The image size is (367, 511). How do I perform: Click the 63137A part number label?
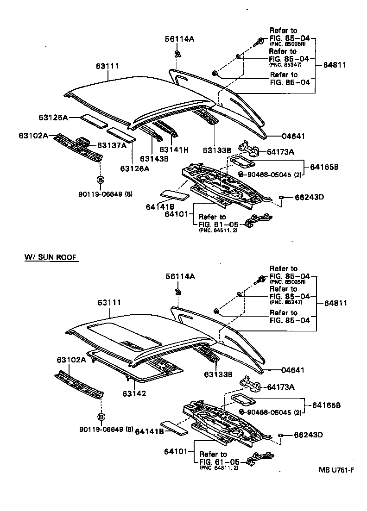[111, 145]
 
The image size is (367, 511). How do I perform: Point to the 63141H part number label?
[174, 150]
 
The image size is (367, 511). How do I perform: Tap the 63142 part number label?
[134, 393]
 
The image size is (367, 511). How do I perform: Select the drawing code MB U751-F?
[336, 470]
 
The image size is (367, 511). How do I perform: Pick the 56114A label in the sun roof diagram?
[180, 276]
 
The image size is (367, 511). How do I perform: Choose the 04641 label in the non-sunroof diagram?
[294, 137]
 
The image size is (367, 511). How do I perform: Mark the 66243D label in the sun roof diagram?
[309, 435]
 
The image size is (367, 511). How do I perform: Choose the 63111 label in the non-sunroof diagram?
[108, 66]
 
